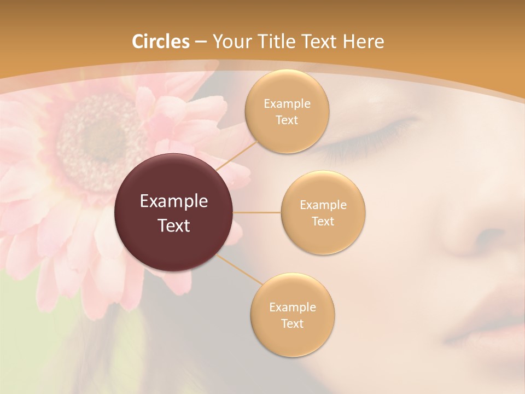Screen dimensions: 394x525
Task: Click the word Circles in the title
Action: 161,42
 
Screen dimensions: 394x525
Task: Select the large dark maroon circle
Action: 174,212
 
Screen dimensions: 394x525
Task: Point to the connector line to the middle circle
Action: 257,212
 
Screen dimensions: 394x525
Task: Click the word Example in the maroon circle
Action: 174,201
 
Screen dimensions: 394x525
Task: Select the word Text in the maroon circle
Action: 174,225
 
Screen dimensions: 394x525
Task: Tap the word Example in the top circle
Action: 287,104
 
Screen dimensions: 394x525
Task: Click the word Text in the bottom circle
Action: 292,323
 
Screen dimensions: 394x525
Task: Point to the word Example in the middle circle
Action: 323,205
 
